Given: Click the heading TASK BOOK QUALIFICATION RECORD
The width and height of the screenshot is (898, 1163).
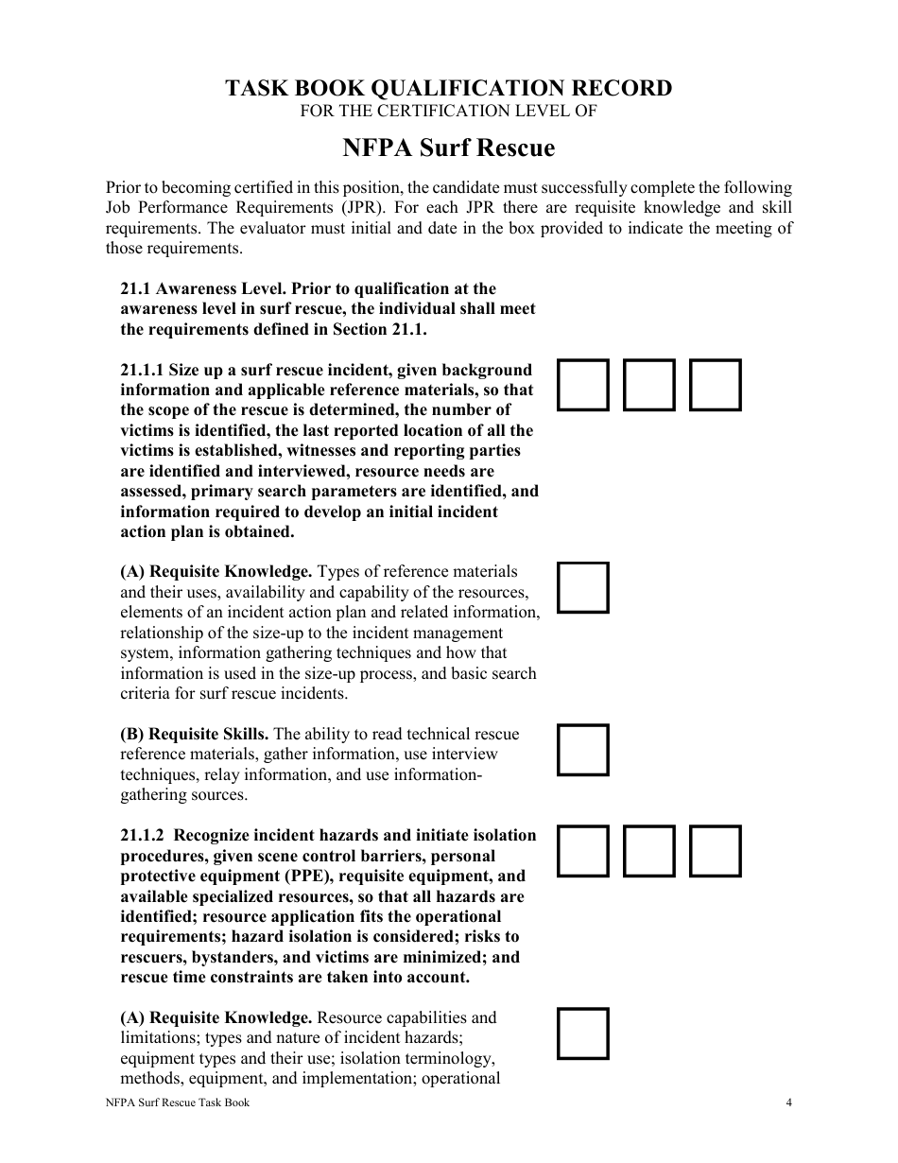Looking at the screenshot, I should [448, 88].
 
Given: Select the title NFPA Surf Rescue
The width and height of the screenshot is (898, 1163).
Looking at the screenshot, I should [448, 148].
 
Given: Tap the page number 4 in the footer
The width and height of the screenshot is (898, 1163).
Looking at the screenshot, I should [788, 1102].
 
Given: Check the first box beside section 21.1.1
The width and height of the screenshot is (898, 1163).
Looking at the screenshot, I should [582, 385].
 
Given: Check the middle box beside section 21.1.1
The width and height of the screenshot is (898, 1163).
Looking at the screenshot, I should [649, 385].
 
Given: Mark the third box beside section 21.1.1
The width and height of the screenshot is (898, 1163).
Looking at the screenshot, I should [716, 385].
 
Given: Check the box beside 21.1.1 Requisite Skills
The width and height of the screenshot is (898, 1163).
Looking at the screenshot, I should [582, 750].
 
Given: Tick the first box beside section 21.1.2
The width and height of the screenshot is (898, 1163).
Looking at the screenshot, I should [582, 851].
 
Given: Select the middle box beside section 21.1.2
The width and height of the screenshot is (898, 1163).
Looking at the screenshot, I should [649, 851].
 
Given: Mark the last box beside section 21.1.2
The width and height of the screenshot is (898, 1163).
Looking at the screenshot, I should [716, 851].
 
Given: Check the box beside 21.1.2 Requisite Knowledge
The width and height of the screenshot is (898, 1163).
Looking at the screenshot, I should [582, 1033].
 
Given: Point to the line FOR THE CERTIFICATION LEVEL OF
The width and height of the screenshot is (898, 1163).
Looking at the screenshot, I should [448, 112].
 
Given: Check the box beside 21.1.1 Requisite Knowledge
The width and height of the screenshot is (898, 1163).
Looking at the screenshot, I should [582, 587].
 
